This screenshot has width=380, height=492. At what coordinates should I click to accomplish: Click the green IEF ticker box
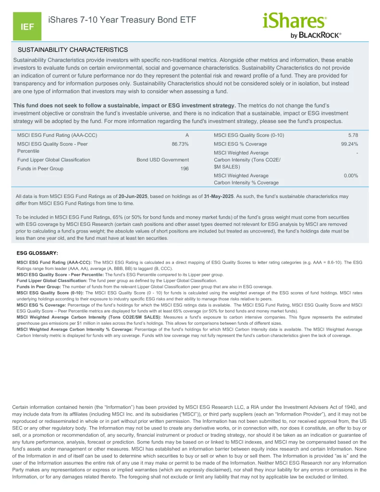point(27,27)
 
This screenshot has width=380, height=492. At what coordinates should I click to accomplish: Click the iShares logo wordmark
point(294,21)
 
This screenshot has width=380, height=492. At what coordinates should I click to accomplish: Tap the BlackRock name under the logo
point(320,35)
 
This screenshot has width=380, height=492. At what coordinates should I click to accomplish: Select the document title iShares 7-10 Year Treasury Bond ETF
point(122,20)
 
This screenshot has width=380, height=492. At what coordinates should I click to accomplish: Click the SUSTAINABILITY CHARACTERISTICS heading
point(73,49)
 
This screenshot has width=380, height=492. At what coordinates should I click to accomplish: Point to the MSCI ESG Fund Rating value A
point(187,135)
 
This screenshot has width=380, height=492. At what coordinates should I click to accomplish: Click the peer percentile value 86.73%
point(180,144)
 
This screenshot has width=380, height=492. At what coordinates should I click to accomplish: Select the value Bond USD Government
point(162,160)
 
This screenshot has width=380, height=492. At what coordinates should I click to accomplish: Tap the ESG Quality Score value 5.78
point(353,135)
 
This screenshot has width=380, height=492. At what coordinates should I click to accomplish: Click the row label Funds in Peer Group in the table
point(40,169)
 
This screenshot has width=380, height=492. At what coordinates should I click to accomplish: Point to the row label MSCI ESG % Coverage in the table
point(240,144)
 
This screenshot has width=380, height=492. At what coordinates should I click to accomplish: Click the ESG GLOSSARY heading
point(37,253)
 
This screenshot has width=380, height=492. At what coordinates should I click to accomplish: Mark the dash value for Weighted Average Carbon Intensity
point(357,153)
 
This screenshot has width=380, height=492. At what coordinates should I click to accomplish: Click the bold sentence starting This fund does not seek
point(124,105)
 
